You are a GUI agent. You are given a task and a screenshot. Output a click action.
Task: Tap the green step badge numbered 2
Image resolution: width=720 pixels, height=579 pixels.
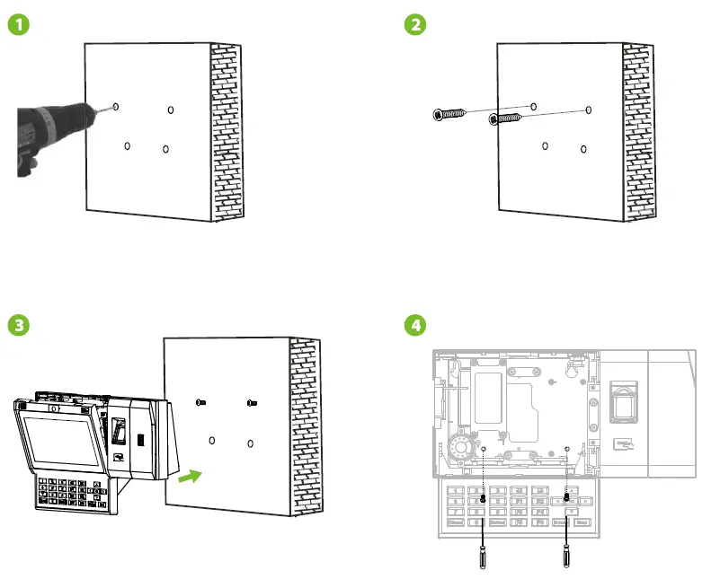(414, 26)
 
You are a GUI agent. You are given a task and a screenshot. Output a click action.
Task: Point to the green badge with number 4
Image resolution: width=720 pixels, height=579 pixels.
(414, 325)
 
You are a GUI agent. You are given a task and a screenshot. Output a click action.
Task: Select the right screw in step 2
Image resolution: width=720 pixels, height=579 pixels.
(506, 118)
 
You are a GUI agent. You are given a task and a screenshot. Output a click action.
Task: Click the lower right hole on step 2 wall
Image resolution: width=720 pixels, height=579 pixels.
(583, 148)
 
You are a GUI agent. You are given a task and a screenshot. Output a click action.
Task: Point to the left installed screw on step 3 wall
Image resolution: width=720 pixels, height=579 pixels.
(202, 404)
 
